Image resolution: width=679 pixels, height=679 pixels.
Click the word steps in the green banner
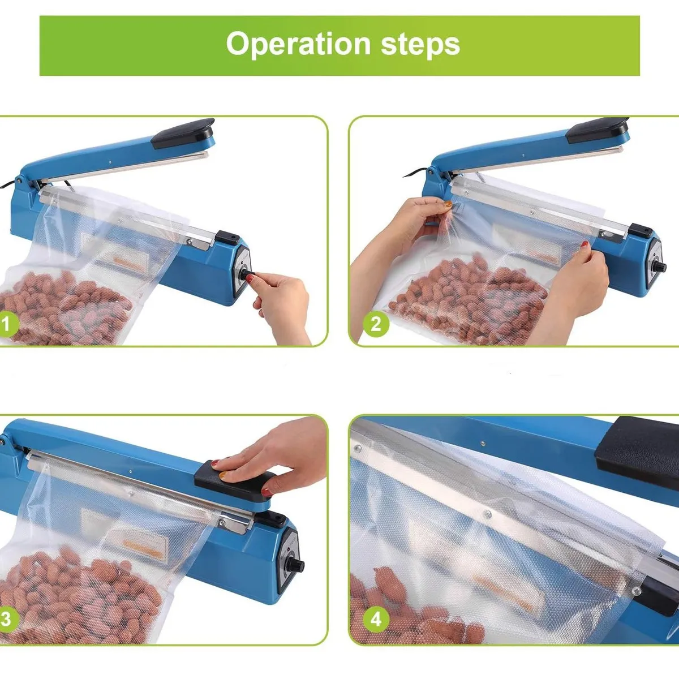click(420, 44)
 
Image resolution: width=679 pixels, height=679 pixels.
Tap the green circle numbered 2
click(376, 324)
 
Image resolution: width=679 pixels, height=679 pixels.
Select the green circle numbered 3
click(6, 620)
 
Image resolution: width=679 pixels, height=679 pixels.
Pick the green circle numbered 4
click(376, 620)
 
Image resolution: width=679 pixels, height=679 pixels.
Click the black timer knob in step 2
click(658, 267)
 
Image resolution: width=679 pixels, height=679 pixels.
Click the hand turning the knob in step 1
click(282, 303)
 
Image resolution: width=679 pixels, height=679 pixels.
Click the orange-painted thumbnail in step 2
click(448, 204)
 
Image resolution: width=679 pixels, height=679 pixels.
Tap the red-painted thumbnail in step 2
click(585, 244)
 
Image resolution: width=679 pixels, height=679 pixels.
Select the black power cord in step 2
click(415, 173)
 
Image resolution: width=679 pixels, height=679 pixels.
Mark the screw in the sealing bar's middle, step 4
click(487, 514)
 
